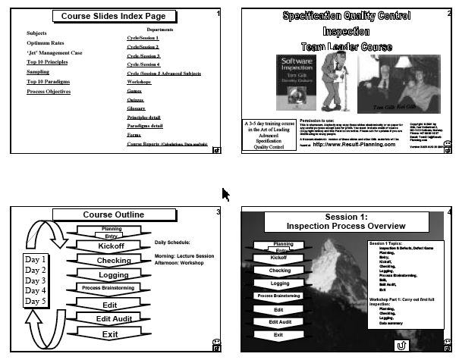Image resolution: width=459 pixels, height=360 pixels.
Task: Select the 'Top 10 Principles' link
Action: (x=52, y=62)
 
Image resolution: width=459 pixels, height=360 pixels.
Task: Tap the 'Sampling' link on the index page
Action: (x=38, y=71)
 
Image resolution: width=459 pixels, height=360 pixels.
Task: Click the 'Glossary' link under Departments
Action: (x=137, y=108)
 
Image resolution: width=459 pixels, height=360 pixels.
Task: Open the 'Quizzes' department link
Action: (x=137, y=99)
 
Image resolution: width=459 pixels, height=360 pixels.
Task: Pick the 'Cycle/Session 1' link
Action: (x=143, y=37)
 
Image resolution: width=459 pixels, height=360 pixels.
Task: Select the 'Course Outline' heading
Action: (x=113, y=215)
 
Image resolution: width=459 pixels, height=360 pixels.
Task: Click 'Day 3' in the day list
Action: (x=36, y=280)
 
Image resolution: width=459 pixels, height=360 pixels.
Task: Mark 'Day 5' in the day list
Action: (x=36, y=301)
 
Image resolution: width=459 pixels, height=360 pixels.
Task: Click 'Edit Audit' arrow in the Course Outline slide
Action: (x=113, y=318)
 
